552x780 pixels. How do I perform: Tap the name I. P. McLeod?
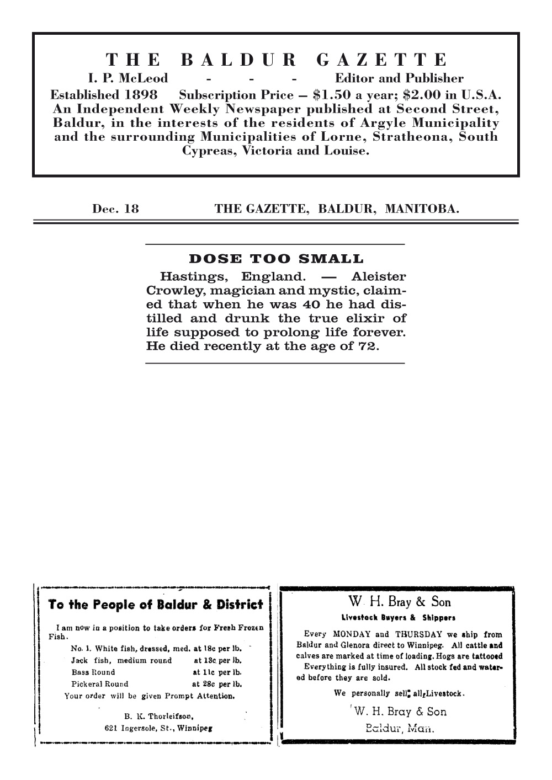[129, 78]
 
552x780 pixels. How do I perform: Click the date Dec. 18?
[115, 209]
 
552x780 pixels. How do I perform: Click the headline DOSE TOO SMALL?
[276, 259]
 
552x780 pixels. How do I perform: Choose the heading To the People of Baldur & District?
[156, 605]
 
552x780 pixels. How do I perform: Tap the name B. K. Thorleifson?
[158, 717]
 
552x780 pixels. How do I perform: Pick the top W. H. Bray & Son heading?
[400, 601]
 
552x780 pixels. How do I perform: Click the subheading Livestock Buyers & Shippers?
[398, 617]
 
